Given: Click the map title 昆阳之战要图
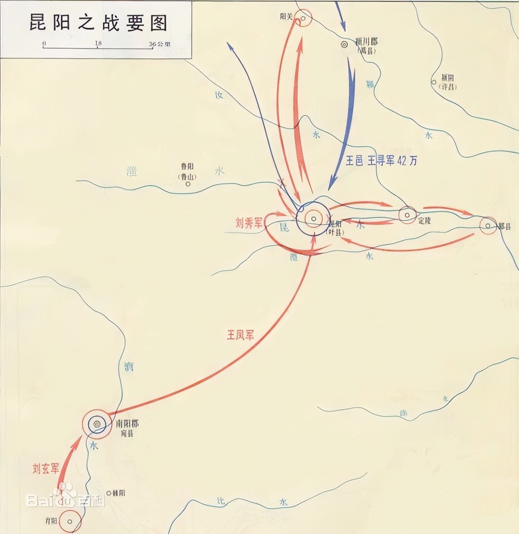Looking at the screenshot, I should coord(98,22).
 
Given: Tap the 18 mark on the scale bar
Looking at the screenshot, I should coord(98,44).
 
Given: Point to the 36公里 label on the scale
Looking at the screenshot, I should coord(159,44).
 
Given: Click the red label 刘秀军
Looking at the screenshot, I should coord(249,223).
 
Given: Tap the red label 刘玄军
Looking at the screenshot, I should coord(46,469).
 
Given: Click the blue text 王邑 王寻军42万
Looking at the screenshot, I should coord(381,161).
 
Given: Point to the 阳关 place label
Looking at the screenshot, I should coord(286,16).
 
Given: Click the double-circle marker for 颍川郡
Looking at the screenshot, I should coord(344,44).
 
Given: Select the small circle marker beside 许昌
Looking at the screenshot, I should coord(434,82).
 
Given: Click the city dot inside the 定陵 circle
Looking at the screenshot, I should coord(407,215).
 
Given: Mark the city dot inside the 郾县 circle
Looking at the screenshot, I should coord(488,226).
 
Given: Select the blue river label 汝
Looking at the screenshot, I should coord(219,94).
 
